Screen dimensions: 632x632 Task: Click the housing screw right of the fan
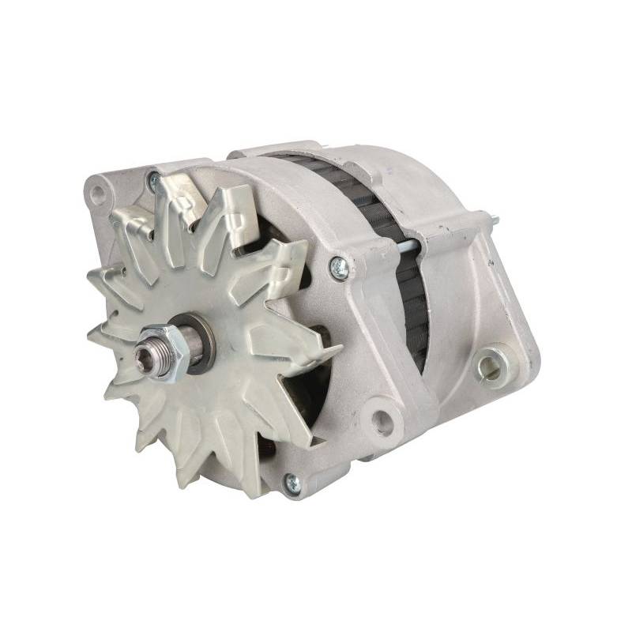tap(339, 265)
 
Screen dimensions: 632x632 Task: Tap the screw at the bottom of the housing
tap(292, 480)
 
